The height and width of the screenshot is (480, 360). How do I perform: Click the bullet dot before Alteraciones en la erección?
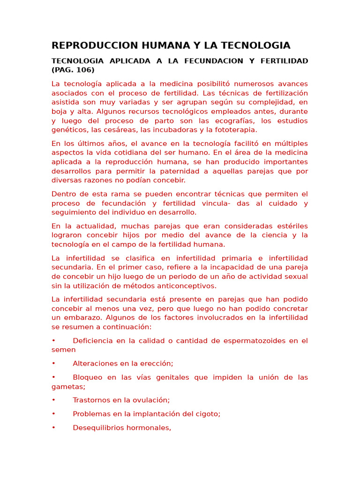click(53, 363)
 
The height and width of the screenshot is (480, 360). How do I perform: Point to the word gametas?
click(67, 387)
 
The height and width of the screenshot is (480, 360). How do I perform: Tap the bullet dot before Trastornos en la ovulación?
click(53, 400)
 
